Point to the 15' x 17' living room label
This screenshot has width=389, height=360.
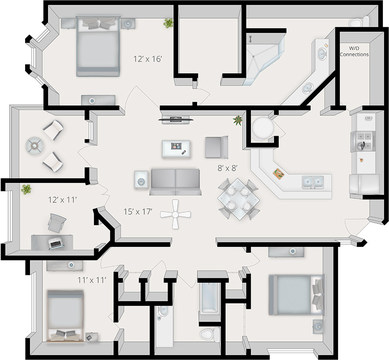coord(137,211)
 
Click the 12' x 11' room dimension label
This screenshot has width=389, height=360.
coord(63,199)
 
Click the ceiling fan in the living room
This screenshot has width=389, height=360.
coord(177,211)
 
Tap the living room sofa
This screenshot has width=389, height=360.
coord(174,180)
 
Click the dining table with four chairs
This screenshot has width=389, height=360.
coord(237,198)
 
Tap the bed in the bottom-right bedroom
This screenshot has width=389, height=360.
coord(292,296)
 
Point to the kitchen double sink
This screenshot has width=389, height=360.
coord(312,183)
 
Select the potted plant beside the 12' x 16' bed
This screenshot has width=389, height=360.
coord(168,22)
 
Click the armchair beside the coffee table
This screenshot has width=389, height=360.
coord(216,147)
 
